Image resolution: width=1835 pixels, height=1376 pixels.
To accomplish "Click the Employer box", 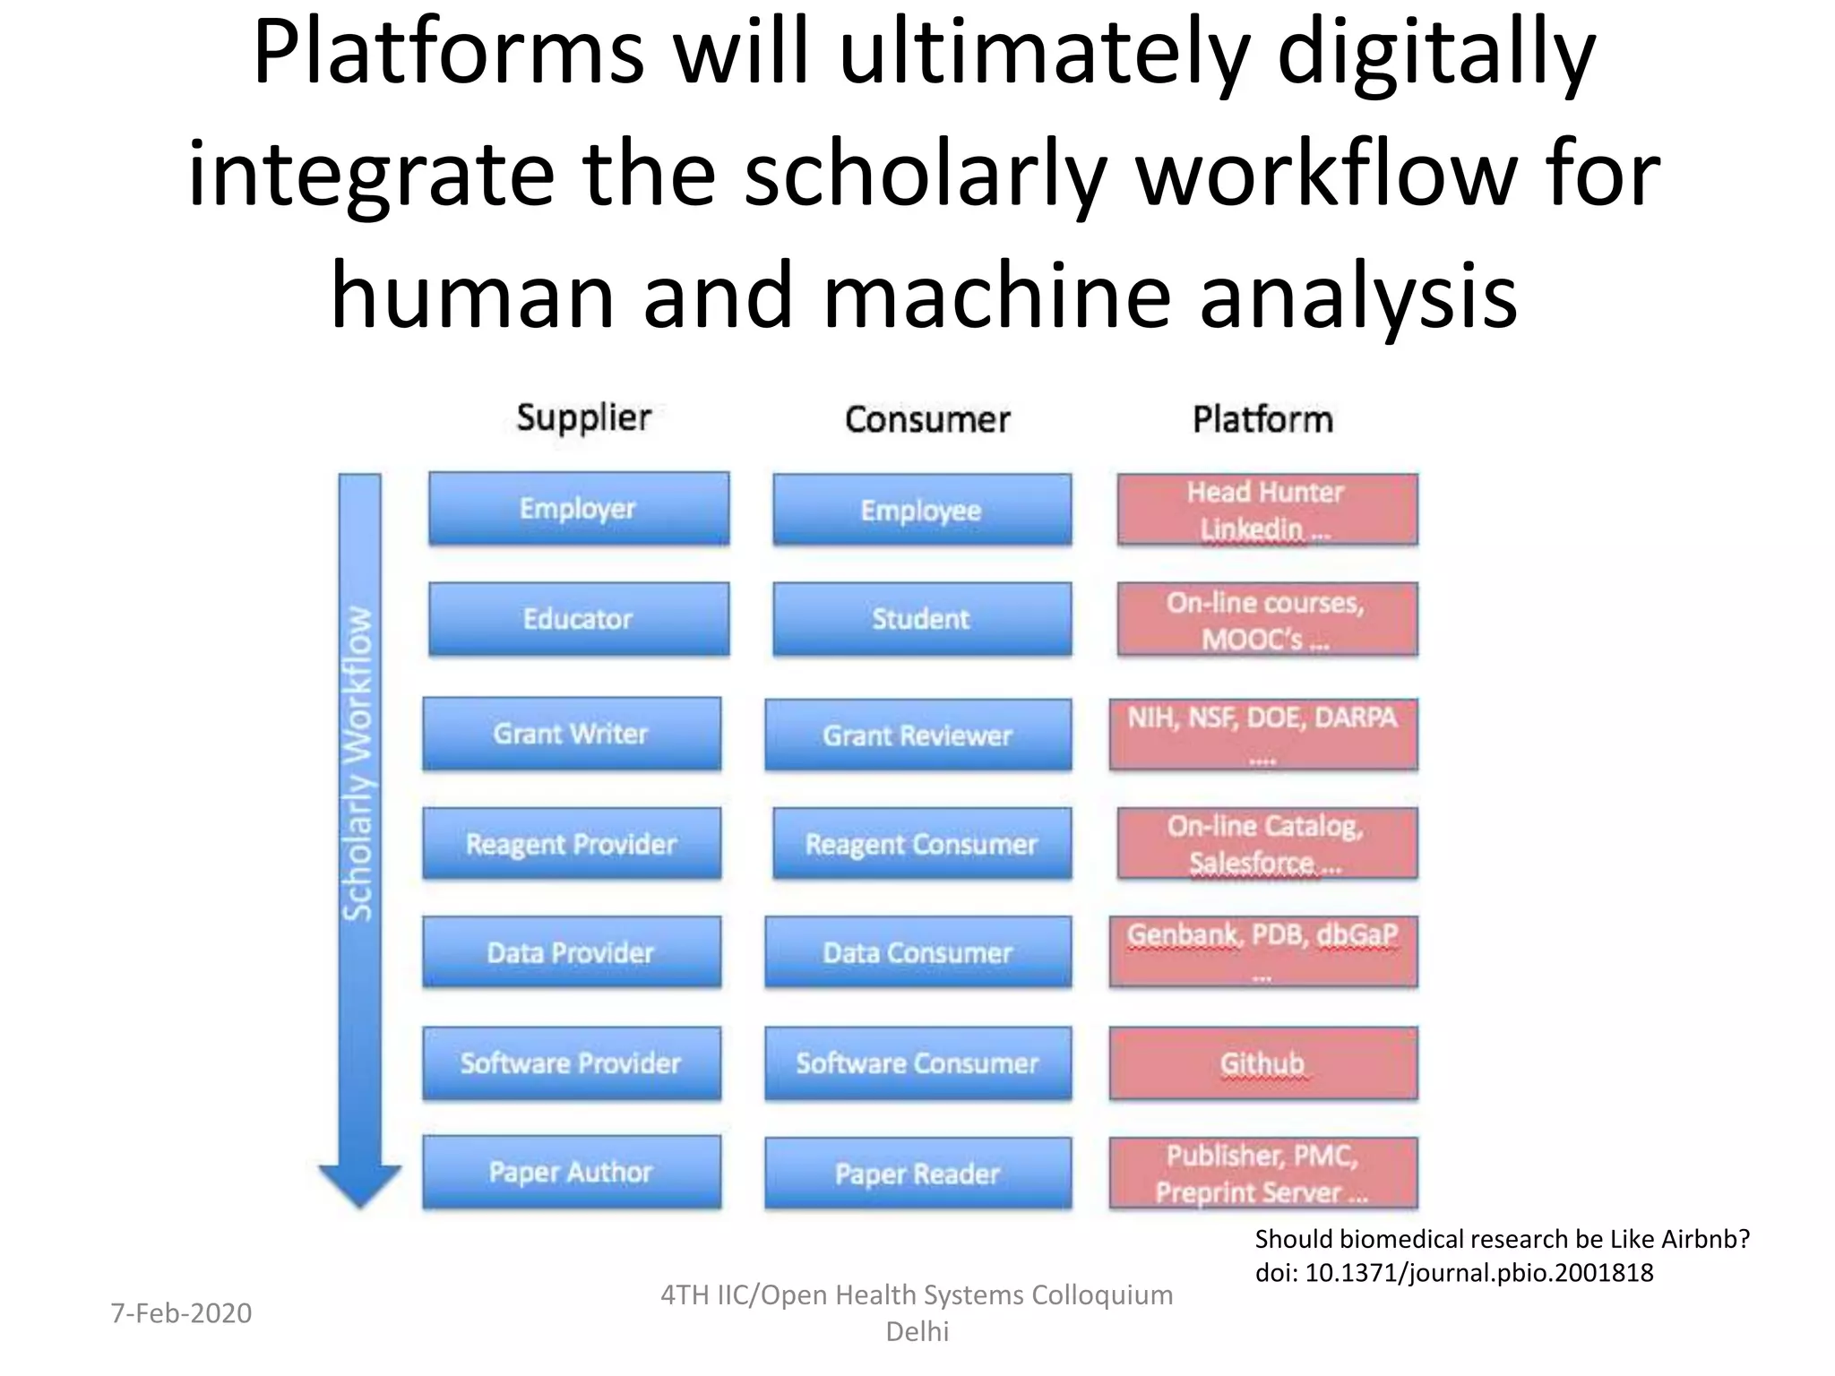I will (578, 509).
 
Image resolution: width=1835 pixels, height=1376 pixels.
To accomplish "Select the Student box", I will (921, 619).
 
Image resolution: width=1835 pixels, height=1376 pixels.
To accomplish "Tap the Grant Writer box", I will (571, 734).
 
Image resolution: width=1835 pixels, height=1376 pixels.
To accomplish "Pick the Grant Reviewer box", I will (917, 735).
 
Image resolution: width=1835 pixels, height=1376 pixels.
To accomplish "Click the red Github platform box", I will (1262, 1063).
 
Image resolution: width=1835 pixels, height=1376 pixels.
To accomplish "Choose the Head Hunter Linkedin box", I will (1266, 510).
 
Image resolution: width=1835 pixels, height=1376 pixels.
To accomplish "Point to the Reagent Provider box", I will (571, 844).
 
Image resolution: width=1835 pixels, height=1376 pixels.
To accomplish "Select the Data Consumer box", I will (917, 952).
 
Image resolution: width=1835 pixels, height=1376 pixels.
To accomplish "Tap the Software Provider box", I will (571, 1063).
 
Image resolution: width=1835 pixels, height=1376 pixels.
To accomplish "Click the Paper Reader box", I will (917, 1174).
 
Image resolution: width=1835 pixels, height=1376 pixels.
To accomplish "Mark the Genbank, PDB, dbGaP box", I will (1262, 951).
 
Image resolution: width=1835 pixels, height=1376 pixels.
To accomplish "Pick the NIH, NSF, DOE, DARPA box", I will (1262, 735).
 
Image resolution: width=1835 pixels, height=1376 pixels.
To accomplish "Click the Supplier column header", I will (583, 418).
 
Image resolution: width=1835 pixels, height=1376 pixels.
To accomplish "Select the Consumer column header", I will (927, 419).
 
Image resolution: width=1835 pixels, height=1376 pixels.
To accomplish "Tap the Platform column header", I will (1262, 419).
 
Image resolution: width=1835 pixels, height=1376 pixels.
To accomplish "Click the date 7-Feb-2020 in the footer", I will (181, 1313).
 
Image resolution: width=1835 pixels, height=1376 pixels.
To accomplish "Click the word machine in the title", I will (996, 296).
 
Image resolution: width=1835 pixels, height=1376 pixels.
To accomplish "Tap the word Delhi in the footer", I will (917, 1331).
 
